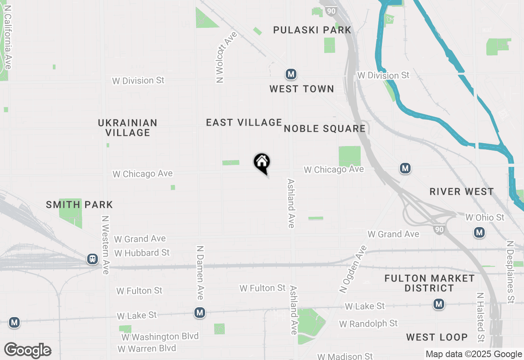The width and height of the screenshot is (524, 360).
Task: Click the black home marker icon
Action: click(x=262, y=162)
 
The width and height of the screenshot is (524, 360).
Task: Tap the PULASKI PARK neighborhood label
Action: click(x=312, y=30)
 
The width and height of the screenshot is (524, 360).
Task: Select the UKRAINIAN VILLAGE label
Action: click(x=128, y=128)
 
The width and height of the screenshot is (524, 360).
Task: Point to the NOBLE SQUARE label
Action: click(x=325, y=128)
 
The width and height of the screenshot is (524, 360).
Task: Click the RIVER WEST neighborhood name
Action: click(x=462, y=191)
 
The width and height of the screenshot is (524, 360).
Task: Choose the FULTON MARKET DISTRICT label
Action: click(x=429, y=283)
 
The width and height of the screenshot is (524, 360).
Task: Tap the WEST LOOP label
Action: click(x=437, y=337)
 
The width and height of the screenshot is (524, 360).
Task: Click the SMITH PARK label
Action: click(x=79, y=205)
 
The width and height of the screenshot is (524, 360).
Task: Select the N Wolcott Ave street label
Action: click(x=221, y=57)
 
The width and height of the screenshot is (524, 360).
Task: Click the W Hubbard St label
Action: click(x=142, y=253)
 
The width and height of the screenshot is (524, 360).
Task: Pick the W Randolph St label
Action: click(x=368, y=324)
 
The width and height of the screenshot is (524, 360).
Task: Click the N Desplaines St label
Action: click(x=510, y=272)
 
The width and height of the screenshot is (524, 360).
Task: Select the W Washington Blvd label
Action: click(x=160, y=337)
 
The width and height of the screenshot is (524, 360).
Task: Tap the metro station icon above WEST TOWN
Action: click(x=291, y=74)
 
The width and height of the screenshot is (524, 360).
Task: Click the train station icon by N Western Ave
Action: click(x=93, y=259)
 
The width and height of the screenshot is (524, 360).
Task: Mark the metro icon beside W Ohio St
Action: click(x=479, y=232)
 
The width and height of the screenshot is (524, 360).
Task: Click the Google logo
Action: click(x=27, y=351)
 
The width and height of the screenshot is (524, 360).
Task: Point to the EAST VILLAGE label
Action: click(x=244, y=122)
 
